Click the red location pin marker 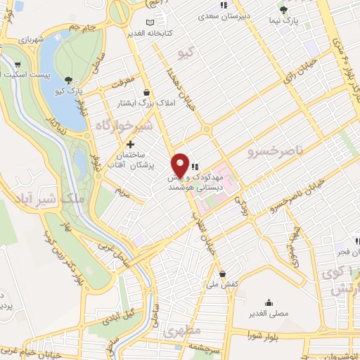pos(181,165)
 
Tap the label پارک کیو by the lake pos(70,91)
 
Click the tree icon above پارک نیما pos(283,10)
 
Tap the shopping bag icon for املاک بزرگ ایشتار pos(146,92)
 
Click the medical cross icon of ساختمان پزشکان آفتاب pos(130,144)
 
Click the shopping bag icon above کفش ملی pos(223,274)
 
